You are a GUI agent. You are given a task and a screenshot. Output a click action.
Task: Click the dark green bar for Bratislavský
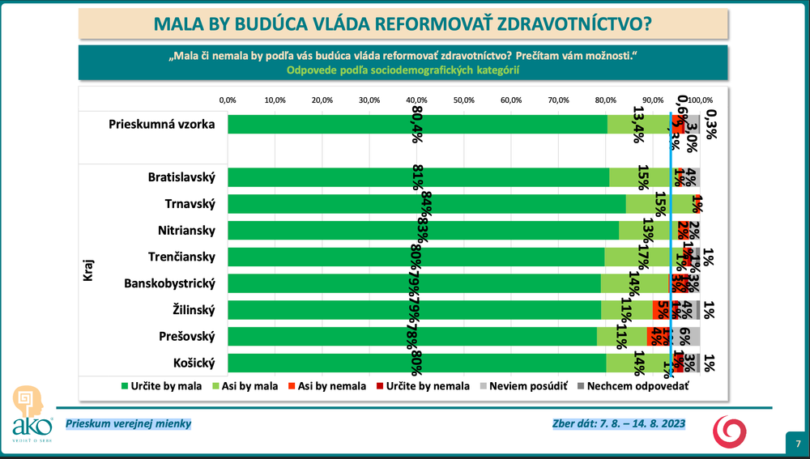point(417,177)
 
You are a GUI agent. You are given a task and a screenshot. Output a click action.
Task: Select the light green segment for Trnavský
point(659,203)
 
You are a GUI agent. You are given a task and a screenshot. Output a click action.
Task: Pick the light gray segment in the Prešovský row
point(686,336)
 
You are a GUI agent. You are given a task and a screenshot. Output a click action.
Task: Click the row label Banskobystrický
point(169,283)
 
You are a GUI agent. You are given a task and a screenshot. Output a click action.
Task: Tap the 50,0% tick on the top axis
point(463,100)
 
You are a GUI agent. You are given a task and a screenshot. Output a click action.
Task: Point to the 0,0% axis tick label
point(228,100)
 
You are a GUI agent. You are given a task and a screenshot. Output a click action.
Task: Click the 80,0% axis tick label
point(605,100)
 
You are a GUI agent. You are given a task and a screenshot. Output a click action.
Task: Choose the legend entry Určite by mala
point(158,386)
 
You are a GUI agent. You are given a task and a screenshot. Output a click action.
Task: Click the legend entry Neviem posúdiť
point(525,386)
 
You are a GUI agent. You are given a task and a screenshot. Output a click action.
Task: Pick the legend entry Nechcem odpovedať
point(632,386)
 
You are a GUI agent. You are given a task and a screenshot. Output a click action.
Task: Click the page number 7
point(798,443)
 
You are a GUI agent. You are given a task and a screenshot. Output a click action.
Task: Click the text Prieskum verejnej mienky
point(129,423)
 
